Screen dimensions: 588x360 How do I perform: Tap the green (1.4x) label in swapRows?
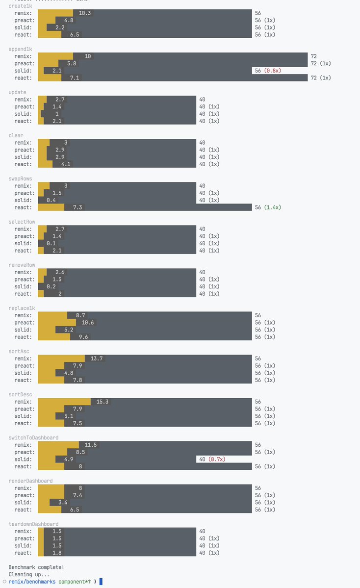(272, 207)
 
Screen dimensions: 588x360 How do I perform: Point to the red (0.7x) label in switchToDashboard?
(217, 460)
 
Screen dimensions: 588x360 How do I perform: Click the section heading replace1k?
(22, 308)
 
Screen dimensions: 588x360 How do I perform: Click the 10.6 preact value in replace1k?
(88, 323)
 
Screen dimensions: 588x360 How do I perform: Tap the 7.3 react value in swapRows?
(77, 207)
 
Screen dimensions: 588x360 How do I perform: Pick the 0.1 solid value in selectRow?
(51, 243)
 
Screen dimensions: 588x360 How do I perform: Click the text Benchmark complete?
(35, 567)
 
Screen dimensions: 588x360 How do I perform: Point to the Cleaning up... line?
(29, 574)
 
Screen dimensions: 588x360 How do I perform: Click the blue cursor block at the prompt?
(101, 582)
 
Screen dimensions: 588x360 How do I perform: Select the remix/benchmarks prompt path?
(32, 582)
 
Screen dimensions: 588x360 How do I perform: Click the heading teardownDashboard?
(33, 524)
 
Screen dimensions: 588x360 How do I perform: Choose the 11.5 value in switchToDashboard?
(91, 445)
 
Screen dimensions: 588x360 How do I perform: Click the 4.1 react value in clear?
(65, 164)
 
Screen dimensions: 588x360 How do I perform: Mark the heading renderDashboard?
(30, 481)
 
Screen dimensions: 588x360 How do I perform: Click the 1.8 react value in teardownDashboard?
(56, 553)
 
